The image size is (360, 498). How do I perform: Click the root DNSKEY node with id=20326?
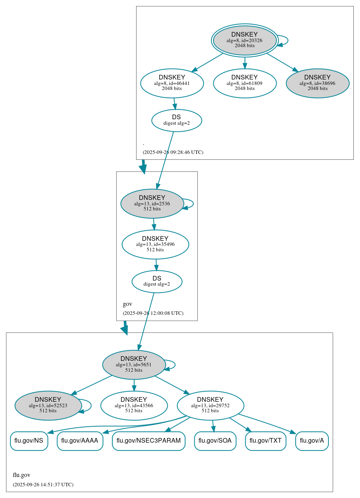coord(245,40)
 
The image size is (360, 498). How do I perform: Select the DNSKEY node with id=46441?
coord(172,83)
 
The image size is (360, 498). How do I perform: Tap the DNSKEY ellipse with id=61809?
coord(245,83)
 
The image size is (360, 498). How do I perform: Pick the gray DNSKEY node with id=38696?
coord(317,83)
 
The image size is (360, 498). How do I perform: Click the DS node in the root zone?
coord(176,120)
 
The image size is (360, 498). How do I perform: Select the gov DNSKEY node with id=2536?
coord(152,203)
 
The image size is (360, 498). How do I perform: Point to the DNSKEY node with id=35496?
coord(155,244)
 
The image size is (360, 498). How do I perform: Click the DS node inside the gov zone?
coord(157,281)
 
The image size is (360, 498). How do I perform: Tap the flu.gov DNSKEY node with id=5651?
coord(134,365)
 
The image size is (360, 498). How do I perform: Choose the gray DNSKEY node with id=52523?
coord(48,405)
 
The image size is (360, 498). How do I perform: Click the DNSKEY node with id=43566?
coord(134,405)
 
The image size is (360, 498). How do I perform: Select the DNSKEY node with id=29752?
coord(210,405)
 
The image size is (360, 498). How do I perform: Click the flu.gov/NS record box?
coord(29,441)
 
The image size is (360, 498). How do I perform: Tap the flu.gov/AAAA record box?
coord(80,441)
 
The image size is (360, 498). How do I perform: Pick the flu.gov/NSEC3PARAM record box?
coord(149,441)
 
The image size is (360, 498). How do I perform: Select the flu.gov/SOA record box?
coord(215,441)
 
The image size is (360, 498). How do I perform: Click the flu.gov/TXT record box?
coord(266,441)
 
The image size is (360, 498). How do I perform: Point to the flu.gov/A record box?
coord(312,441)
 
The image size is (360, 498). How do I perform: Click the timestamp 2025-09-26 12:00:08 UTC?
coord(153,313)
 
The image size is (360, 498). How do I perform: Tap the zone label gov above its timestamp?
coord(128,304)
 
